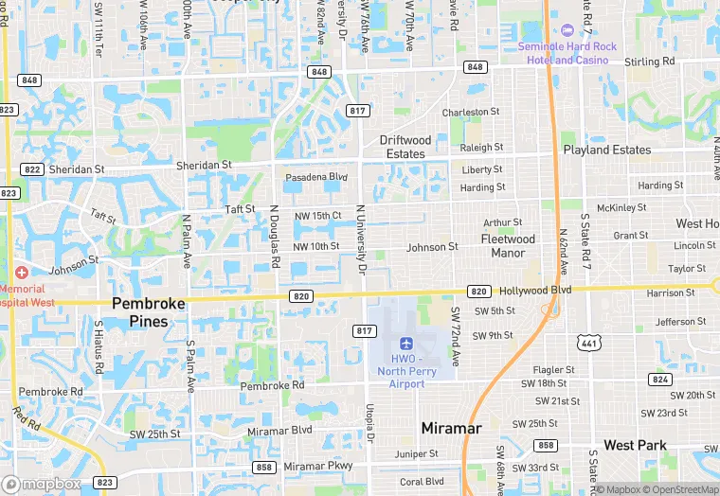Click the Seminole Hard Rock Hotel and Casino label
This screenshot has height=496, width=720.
click(566, 53)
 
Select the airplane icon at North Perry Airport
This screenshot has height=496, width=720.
click(407, 343)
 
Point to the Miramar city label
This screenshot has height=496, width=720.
click(451, 428)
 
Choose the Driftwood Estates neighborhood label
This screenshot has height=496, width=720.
click(405, 147)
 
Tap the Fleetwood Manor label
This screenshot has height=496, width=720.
click(508, 246)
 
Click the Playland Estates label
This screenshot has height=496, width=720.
click(606, 150)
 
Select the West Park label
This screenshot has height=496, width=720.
click(635, 445)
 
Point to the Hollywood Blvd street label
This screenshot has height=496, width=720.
click(535, 290)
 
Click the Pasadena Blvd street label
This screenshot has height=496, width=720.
click(316, 177)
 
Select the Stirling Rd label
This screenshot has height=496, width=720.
click(649, 62)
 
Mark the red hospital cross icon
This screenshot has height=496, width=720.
click(21, 273)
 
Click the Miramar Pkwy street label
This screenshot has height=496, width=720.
click(318, 466)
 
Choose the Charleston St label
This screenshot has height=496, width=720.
click(471, 112)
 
